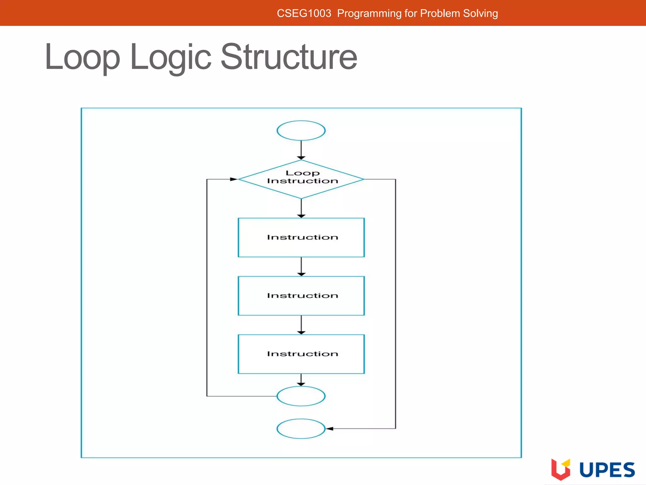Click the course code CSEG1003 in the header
pyautogui.click(x=304, y=13)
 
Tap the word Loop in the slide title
pyautogui.click(x=82, y=57)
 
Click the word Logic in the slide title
pyautogui.click(x=170, y=57)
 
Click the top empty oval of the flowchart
pyautogui.click(x=301, y=130)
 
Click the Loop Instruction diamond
pyautogui.click(x=301, y=179)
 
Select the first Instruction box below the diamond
pyautogui.click(x=301, y=237)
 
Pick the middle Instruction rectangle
pyautogui.click(x=301, y=296)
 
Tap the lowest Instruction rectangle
pyautogui.click(x=301, y=354)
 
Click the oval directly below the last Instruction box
pyautogui.click(x=301, y=396)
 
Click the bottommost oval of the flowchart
pyautogui.click(x=301, y=428)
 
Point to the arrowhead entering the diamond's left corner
pyautogui.click(x=233, y=179)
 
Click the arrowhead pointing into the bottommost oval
pyautogui.click(x=330, y=428)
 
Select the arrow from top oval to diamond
pyautogui.click(x=301, y=150)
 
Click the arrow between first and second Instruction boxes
pyautogui.click(x=301, y=267)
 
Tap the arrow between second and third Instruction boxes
pyautogui.click(x=301, y=325)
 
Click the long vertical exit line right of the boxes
pyautogui.click(x=396, y=303)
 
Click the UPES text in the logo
pyautogui.click(x=607, y=470)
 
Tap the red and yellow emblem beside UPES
pyautogui.click(x=561, y=469)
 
